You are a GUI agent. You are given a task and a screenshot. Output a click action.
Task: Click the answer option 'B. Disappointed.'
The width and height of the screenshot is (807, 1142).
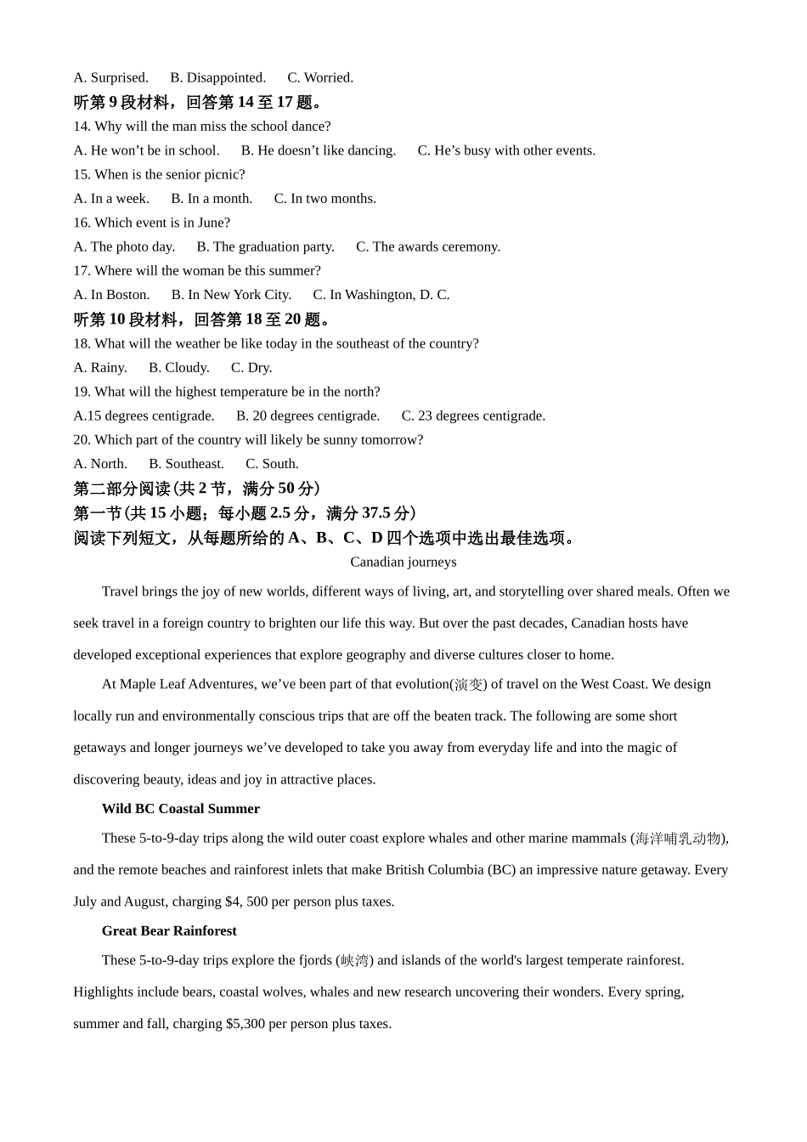coord(217,77)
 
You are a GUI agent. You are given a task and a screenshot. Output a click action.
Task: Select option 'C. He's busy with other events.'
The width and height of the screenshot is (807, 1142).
coord(506,150)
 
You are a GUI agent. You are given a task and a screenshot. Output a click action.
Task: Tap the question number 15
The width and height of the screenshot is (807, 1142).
coord(82,174)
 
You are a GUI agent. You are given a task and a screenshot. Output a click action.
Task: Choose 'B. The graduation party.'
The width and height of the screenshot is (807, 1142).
coord(265,246)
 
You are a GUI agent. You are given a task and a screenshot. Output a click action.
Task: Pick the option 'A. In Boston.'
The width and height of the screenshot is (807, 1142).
coord(111,295)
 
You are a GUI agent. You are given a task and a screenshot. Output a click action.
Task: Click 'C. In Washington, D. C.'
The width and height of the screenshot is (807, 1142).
coord(381,295)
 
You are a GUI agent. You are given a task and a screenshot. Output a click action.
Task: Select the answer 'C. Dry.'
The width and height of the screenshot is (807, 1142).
coord(251,368)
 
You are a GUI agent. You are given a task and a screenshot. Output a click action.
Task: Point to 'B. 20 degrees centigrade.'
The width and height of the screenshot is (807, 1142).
coord(308,416)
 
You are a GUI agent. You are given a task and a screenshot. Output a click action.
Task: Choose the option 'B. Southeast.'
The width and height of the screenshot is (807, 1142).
coord(186,464)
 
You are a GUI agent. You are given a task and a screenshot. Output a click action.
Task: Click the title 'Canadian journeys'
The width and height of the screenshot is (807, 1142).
coord(403,562)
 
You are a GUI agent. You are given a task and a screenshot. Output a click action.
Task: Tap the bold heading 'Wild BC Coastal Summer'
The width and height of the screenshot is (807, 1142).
coord(181,809)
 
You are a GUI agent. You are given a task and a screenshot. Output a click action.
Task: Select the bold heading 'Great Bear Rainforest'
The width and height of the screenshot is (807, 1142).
coord(169,931)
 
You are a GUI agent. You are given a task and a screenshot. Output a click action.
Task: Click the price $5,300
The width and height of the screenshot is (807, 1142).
coord(245,1024)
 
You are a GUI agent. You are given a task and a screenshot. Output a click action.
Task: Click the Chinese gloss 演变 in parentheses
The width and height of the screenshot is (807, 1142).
coord(468,685)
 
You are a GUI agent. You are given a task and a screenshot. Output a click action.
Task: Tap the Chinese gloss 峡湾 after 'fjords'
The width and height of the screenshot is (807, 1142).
coord(355,961)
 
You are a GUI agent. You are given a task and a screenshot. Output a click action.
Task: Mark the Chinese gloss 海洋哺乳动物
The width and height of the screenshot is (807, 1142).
coord(679,839)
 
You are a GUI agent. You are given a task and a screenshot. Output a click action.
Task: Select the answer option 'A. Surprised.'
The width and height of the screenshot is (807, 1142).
coord(110,77)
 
